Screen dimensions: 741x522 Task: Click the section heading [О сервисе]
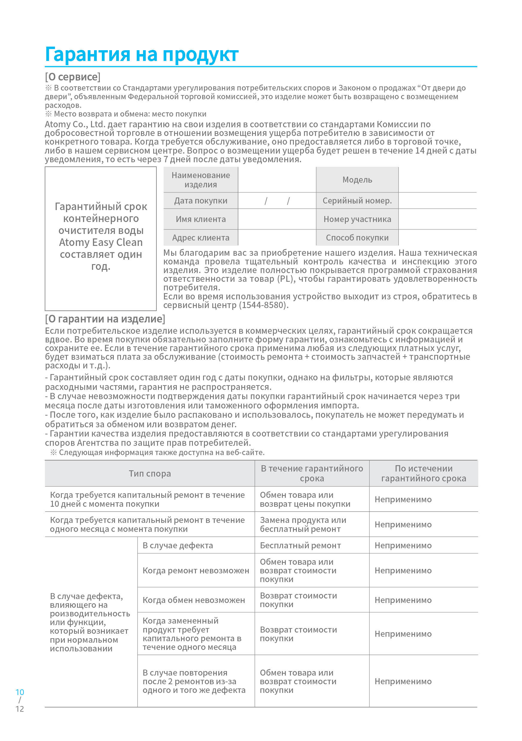pyautogui.click(x=73, y=77)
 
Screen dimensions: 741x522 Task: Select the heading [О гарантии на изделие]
pyautogui.click(x=105, y=319)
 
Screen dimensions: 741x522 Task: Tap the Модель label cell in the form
pyautogui.click(x=357, y=180)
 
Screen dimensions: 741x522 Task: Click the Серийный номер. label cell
pyautogui.click(x=357, y=201)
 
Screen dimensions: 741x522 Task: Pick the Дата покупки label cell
pyautogui.click(x=201, y=201)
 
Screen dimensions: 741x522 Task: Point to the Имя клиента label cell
pyautogui.click(x=201, y=219)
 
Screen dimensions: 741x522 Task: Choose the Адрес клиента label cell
pyautogui.click(x=201, y=238)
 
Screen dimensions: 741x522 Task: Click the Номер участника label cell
pyautogui.click(x=357, y=219)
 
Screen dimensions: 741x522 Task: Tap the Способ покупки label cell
pyautogui.click(x=357, y=238)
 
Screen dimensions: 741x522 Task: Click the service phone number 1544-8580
pyautogui.click(x=262, y=305)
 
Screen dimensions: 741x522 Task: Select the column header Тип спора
pyautogui.click(x=150, y=474)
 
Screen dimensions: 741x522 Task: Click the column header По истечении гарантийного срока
pyautogui.click(x=423, y=474)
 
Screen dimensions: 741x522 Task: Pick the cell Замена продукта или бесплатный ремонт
pyautogui.click(x=303, y=524)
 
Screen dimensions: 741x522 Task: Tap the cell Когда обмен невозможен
pyautogui.click(x=194, y=600)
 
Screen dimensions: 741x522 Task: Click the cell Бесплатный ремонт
pyautogui.click(x=300, y=545)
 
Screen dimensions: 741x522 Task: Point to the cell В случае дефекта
pyautogui.click(x=177, y=545)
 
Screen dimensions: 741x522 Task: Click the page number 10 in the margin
pyautogui.click(x=20, y=692)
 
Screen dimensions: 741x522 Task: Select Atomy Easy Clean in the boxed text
pyautogui.click(x=101, y=242)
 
